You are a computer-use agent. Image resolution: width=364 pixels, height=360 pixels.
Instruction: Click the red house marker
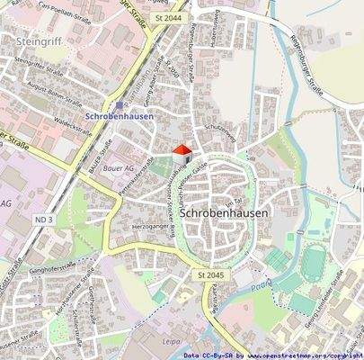click(x=181, y=152)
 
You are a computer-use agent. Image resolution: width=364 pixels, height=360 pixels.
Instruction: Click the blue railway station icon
click(x=109, y=104)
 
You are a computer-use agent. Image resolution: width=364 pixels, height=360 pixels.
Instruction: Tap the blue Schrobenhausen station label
click(x=119, y=116)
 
